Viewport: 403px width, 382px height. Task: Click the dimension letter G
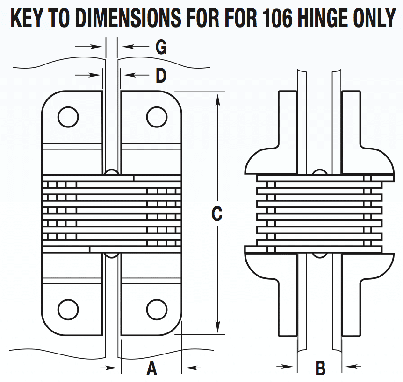(160, 47)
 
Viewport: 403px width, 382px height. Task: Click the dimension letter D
(160, 75)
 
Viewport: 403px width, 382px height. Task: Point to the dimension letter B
(320, 368)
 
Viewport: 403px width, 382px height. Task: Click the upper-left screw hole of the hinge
(68, 116)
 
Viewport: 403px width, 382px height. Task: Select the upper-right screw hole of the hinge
(157, 116)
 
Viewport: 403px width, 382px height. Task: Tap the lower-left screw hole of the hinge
(68, 309)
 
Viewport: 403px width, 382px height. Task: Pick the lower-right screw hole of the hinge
(157, 309)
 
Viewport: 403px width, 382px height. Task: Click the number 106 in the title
(281, 18)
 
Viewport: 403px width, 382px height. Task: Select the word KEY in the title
(28, 18)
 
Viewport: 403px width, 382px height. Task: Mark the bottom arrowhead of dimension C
(217, 329)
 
